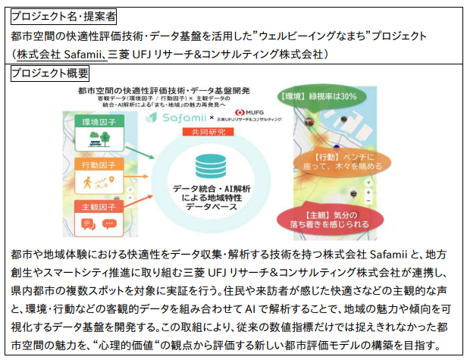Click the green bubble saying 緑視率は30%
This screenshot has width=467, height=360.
pos(327,96)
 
